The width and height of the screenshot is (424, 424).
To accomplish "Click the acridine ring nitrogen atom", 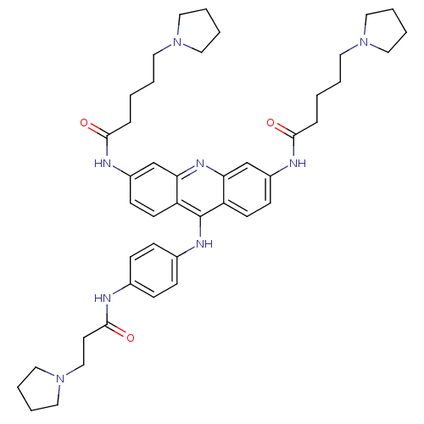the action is click(200, 163).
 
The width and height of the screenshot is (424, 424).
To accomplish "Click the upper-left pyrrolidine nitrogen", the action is click(177, 42).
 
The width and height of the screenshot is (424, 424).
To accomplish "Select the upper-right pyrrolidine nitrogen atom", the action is click(364, 42).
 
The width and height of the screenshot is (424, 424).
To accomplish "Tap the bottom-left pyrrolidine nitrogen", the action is click(60, 379).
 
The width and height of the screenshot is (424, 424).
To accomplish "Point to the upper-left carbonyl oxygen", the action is click(84, 123).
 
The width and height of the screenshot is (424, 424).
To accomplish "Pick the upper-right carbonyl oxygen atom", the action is click(271, 123).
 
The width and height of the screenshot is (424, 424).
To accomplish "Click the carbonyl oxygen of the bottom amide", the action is click(131, 338).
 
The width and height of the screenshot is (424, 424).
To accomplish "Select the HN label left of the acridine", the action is click(103, 163).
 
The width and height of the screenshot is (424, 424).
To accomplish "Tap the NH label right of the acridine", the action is click(298, 163).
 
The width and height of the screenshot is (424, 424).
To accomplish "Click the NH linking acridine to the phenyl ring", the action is click(204, 243).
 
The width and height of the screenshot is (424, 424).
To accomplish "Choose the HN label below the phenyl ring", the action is click(103, 298).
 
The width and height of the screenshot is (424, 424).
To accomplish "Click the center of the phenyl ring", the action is click(153, 271).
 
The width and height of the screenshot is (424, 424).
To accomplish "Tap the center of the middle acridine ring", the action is click(200, 190).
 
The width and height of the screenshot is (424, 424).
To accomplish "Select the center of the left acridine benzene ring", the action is click(153, 190).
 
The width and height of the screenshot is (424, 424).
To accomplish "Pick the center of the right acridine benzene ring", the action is click(247, 190).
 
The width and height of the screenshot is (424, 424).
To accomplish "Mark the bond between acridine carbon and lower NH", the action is click(200, 226).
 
